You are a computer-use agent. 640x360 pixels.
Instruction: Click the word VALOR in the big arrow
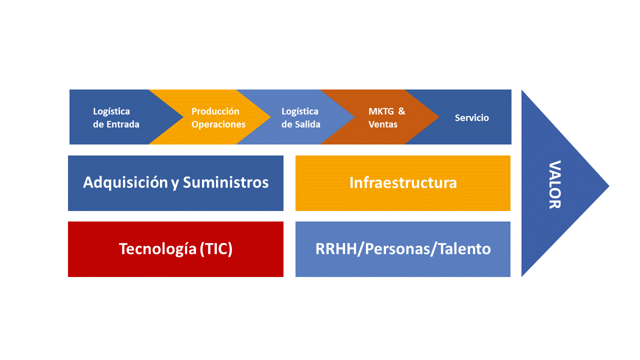pos(554,184)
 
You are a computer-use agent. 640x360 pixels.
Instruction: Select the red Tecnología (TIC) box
pos(175,249)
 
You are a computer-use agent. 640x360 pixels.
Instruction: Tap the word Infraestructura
pos(403,182)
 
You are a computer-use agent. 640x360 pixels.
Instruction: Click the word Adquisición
pos(125,182)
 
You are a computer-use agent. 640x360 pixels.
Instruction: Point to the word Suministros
pos(225,182)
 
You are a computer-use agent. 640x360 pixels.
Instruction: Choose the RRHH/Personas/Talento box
pos(403,249)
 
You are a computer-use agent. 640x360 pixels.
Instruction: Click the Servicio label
pos(471,118)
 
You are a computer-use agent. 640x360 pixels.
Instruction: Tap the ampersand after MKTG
pos(401,111)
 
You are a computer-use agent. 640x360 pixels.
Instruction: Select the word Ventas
pos(383,124)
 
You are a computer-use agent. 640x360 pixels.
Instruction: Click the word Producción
pos(215,111)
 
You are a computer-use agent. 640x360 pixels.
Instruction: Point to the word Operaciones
pos(218,124)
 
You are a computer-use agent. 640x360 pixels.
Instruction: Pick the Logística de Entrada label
pos(116,118)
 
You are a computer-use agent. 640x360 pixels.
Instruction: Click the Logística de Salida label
pos(300,118)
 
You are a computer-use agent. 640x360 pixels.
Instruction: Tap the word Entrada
pos(123,124)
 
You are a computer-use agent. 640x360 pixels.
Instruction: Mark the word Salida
pos(307,124)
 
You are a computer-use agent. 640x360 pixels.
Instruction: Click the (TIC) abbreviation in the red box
pos(216,249)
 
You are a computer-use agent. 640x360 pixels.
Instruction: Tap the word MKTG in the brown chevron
pos(380,111)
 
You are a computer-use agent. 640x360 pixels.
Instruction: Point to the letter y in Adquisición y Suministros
pos(175,183)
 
